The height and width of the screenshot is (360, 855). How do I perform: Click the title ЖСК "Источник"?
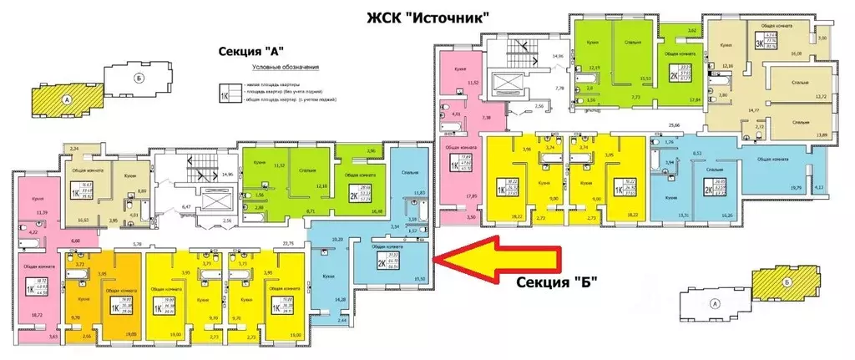coord(427,17)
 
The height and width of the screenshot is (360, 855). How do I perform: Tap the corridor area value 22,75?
coord(289,244)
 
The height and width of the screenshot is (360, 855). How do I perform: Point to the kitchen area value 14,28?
coord(341,299)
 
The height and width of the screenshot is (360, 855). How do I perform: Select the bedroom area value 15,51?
coord(644,78)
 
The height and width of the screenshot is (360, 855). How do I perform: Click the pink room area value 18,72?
coord(35,315)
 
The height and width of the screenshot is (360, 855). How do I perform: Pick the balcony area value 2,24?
coord(73,147)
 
